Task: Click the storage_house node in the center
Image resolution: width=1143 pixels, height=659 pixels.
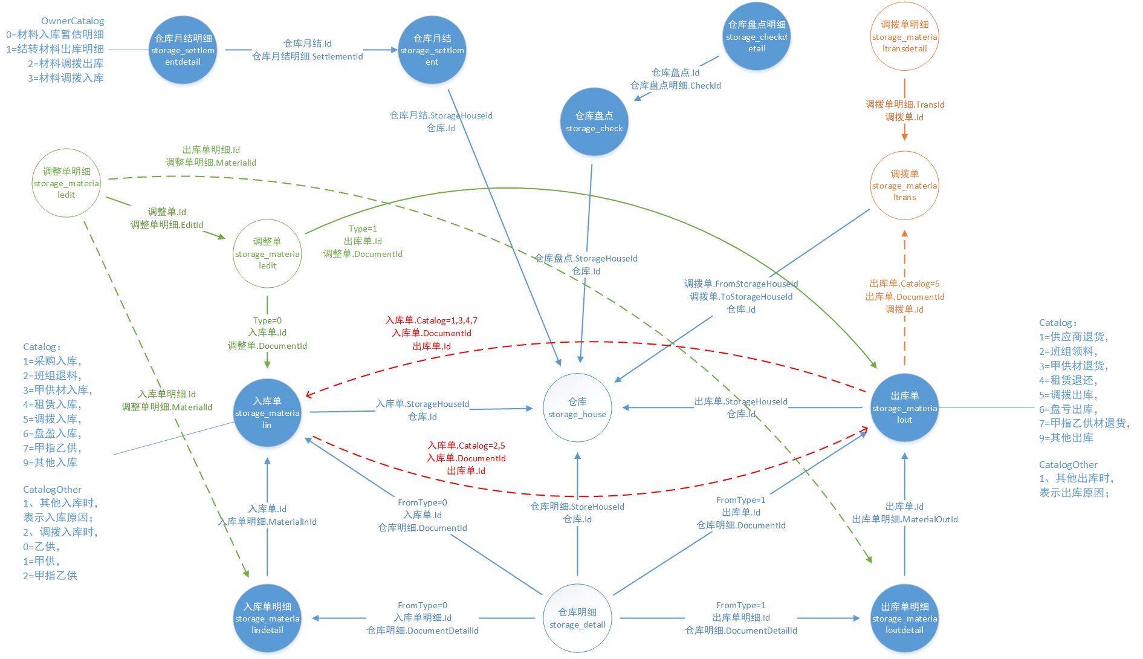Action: [577, 407]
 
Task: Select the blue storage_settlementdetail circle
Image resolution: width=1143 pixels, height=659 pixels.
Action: [183, 50]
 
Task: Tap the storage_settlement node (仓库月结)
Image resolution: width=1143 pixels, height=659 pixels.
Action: [432, 50]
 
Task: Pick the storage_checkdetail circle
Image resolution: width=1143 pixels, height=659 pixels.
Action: [757, 36]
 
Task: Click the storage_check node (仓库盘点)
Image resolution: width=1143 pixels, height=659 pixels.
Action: [594, 122]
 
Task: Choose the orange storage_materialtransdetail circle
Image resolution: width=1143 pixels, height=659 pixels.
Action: [904, 36]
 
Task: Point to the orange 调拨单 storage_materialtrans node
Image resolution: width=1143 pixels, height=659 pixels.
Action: [904, 185]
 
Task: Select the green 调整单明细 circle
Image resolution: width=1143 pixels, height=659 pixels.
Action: [66, 183]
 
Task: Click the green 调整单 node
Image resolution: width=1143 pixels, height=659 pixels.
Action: [267, 253]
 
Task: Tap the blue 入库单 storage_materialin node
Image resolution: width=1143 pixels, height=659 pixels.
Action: [267, 412]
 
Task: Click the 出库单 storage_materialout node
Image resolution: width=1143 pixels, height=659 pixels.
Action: [904, 407]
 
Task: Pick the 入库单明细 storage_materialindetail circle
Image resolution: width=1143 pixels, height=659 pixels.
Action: [267, 618]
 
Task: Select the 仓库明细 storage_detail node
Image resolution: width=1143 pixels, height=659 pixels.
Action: [577, 618]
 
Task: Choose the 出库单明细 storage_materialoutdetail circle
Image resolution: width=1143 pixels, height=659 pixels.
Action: [904, 618]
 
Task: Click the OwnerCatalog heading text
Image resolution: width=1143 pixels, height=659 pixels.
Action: [73, 21]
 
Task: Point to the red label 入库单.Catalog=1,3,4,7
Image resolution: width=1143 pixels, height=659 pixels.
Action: [432, 320]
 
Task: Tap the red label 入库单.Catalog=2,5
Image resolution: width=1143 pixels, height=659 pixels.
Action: [466, 446]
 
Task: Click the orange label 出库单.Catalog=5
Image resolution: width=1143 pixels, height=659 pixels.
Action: [904, 284]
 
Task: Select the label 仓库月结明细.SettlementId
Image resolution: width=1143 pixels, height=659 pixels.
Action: [308, 56]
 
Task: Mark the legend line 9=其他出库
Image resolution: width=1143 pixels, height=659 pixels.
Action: [1066, 438]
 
